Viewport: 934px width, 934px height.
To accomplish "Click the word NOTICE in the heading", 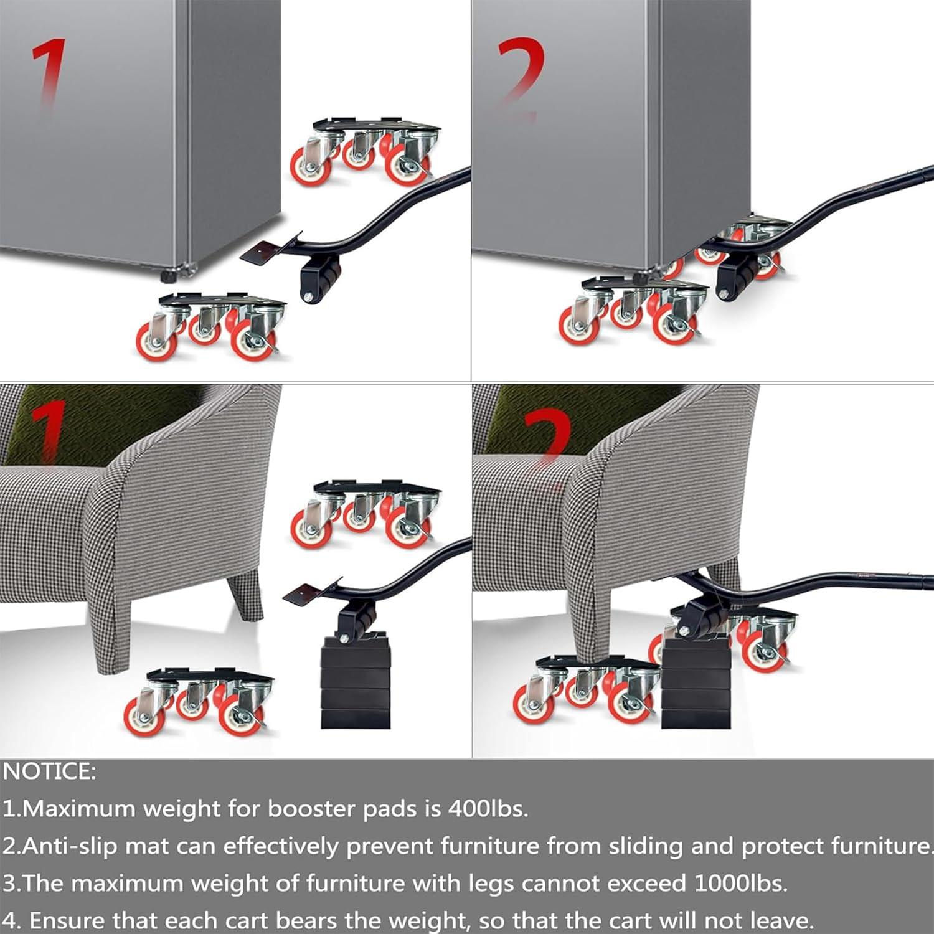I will coord(49,771).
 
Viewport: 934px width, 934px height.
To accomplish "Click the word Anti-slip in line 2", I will coord(68,846).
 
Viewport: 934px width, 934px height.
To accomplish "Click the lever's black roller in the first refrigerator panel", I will coord(320,280).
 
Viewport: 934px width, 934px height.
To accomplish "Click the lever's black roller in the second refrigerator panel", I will coord(735,280).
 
